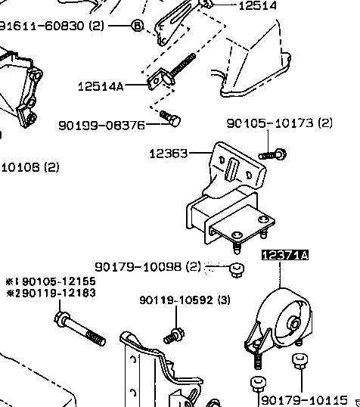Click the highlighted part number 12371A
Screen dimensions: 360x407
click(284, 255)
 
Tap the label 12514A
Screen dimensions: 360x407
click(101, 86)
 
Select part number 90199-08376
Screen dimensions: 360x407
click(101, 126)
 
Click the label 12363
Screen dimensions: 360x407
click(168, 154)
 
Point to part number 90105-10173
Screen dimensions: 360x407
click(270, 123)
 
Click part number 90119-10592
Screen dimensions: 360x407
click(176, 300)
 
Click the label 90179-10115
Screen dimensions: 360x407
click(304, 400)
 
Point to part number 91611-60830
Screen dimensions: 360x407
click(42, 26)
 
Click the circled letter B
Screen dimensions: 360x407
click(138, 26)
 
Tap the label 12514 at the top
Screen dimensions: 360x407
click(257, 6)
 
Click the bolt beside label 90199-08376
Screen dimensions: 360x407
click(170, 118)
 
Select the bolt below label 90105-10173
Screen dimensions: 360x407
click(273, 154)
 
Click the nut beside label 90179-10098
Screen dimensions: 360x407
click(237, 270)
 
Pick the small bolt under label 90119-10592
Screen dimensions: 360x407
click(174, 336)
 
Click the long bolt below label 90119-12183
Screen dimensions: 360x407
click(80, 329)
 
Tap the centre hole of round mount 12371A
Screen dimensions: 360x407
click(295, 324)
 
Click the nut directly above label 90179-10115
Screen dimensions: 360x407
click(300, 361)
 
